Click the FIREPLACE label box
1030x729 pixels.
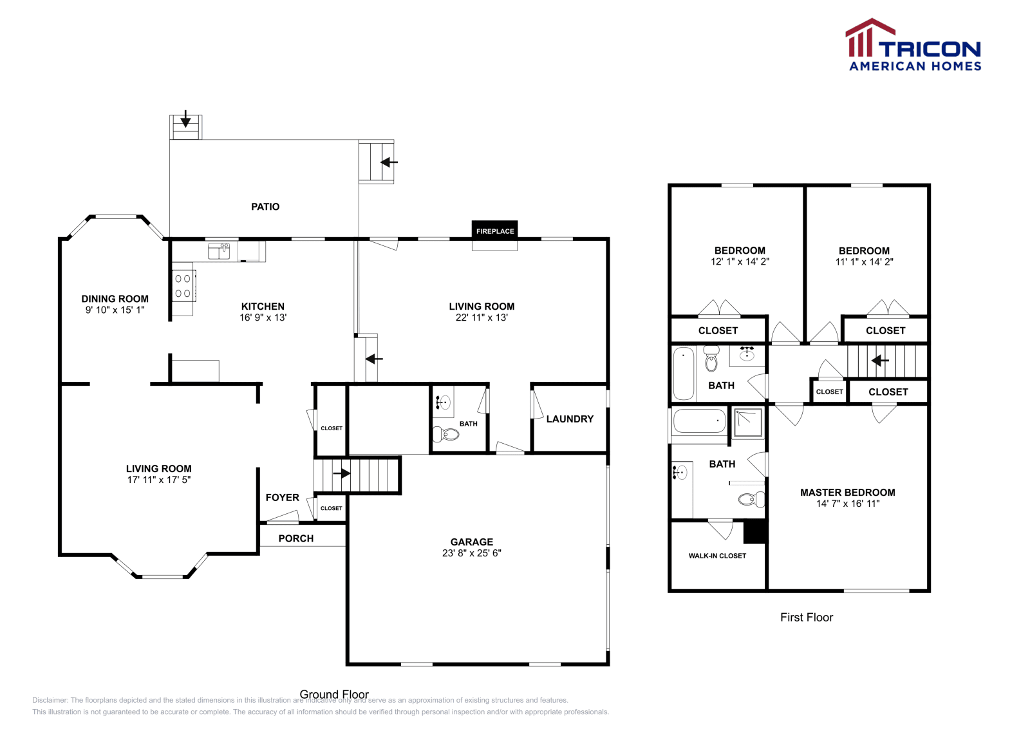point(495,231)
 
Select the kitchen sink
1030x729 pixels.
point(219,251)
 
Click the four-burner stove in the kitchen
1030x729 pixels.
point(183,286)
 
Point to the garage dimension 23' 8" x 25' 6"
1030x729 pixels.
point(471,553)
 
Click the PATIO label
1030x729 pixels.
point(265,207)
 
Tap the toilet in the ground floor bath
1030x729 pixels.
point(446,435)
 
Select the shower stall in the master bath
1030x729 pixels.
point(748,422)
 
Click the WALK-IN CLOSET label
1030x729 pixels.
point(717,556)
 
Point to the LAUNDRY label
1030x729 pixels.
point(570,419)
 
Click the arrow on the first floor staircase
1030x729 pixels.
point(880,361)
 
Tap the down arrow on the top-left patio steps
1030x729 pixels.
point(185,119)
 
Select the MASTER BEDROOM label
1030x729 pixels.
point(847,493)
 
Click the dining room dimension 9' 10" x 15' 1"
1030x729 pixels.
point(115,310)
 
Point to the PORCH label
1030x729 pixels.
point(296,538)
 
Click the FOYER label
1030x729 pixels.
point(282,498)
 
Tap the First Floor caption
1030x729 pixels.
point(806,617)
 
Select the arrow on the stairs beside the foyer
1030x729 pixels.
point(342,474)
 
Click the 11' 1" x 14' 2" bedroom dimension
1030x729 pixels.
point(864,262)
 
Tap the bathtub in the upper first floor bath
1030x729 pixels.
point(684,374)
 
